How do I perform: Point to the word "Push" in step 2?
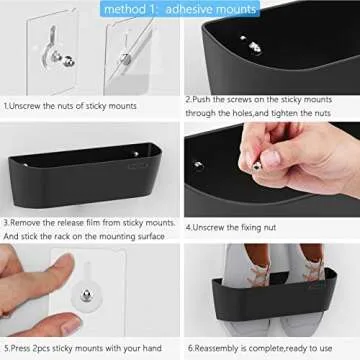pos(207,100)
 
